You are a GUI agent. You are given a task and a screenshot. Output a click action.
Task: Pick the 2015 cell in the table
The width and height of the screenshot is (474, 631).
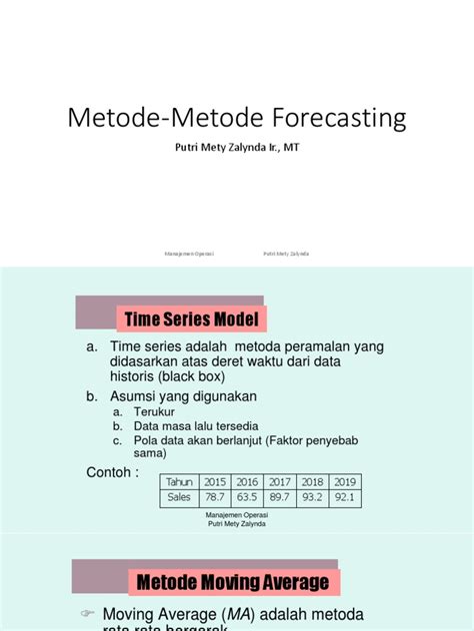215,481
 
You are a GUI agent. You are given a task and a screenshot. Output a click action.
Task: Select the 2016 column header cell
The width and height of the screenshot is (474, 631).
247,481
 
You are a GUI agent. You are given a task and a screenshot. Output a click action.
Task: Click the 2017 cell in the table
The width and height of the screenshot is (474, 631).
279,481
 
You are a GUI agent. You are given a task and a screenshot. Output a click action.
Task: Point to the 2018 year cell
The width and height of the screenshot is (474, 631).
312,481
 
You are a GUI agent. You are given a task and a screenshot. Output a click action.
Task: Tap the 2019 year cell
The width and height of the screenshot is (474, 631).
345,481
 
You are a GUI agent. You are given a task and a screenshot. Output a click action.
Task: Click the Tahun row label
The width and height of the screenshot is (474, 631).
180,481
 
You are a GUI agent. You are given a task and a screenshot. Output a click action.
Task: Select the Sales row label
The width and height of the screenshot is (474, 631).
180,497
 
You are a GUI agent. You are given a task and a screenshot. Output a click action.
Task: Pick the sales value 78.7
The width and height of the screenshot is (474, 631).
215,497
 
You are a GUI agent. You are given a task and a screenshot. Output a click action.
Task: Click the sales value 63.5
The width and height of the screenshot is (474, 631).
247,497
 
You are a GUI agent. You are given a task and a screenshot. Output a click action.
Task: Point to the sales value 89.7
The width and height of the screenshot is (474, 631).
279,497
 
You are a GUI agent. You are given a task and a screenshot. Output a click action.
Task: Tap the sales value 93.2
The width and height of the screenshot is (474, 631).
312,497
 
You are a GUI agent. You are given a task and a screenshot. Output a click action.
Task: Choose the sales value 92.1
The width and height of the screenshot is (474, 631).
345,497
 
